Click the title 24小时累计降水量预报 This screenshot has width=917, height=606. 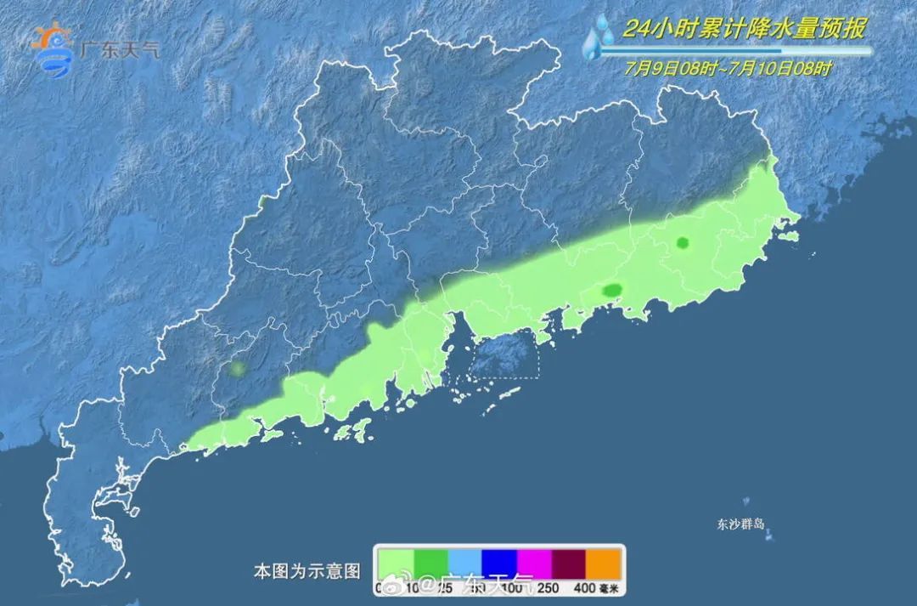tap(745, 29)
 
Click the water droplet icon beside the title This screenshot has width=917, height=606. tap(599, 37)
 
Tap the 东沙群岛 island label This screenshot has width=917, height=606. tap(740, 524)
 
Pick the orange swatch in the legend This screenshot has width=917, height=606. tap(604, 562)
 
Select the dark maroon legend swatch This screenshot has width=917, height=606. tap(569, 562)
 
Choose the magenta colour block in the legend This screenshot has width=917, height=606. tap(534, 562)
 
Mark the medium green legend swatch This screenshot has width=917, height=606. tap(430, 562)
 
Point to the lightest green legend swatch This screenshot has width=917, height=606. tap(396, 562)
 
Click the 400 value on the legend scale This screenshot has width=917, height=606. tap(584, 587)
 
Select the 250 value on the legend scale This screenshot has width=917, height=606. tap(550, 587)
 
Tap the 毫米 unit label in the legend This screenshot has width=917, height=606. tap(610, 587)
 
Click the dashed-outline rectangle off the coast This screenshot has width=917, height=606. tap(505, 354)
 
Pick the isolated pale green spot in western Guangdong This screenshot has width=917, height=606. tap(237, 369)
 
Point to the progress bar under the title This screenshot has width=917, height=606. tap(735, 51)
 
